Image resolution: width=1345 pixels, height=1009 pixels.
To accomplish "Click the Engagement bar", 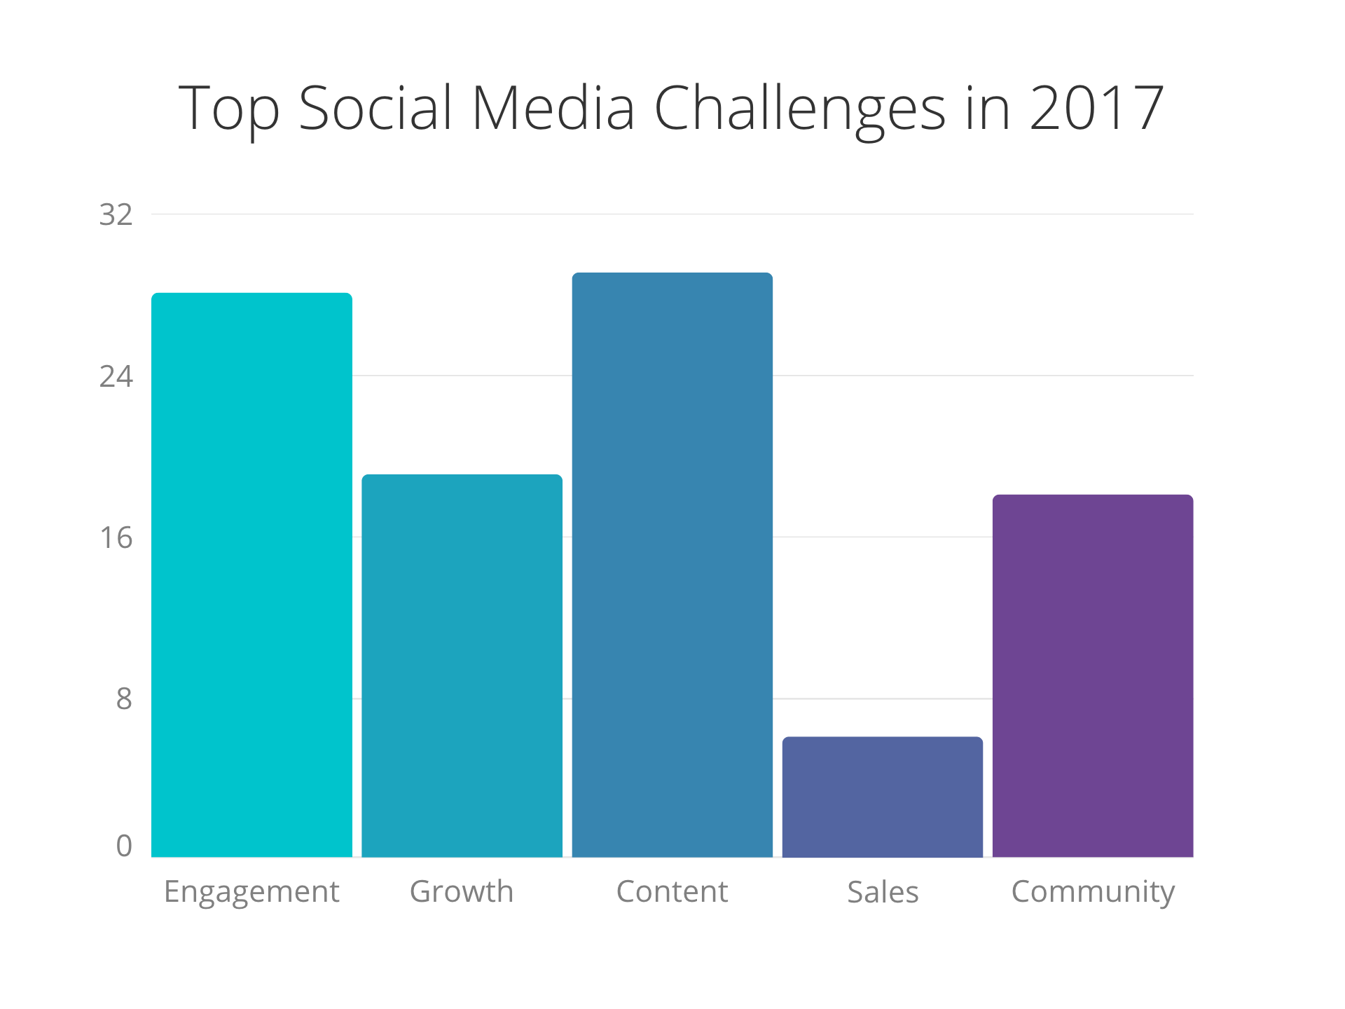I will coord(251,575).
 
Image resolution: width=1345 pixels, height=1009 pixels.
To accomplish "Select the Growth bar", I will coord(462,666).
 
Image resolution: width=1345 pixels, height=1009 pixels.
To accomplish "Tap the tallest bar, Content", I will coord(672,564).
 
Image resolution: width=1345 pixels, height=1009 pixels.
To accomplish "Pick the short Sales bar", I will coord(882,797).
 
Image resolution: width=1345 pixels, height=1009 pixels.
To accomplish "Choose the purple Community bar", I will coord(1092,675).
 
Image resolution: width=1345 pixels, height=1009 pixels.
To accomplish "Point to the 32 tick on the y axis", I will coord(116,214).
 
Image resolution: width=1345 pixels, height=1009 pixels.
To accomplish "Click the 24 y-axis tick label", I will coord(116,376).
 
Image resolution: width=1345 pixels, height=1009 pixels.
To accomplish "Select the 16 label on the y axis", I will coord(116,537).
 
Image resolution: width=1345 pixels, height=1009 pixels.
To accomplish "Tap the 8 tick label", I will coord(123,699).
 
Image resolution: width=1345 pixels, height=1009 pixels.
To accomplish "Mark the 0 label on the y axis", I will coord(123,846).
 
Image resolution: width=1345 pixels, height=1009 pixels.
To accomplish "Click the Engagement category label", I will coord(251,892).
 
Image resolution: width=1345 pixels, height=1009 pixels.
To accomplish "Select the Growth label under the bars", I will coord(462,891).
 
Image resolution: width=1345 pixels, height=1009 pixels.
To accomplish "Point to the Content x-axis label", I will coord(672,891).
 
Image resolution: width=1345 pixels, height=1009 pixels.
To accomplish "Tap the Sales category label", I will coord(882,892).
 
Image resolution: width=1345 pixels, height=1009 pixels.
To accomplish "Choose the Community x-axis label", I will coord(1092,892).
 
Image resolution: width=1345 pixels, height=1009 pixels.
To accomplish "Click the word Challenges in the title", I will coord(799,109).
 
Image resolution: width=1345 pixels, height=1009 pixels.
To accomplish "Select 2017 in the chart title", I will coord(1096,109).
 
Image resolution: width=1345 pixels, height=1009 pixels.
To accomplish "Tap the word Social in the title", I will coord(375,109).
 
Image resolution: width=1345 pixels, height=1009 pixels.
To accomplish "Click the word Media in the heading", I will coord(553,109).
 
